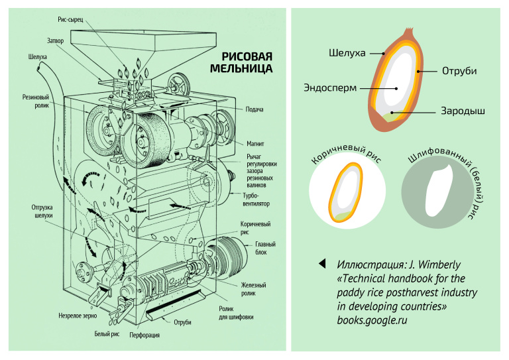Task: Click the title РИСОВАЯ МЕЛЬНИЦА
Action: click(x=241, y=62)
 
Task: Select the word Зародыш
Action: click(x=463, y=111)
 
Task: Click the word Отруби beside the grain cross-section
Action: click(x=459, y=70)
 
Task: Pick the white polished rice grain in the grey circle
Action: click(x=439, y=192)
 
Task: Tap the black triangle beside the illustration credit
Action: click(x=323, y=263)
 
